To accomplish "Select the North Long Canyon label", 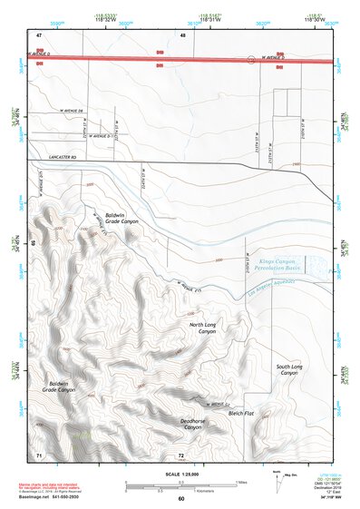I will click(x=202, y=328).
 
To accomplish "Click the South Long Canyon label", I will click(x=289, y=369).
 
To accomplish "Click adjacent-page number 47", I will click(x=39, y=34).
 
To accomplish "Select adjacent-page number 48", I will click(x=183, y=34).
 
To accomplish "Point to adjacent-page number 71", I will click(x=39, y=453).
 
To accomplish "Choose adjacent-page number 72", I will click(x=181, y=453).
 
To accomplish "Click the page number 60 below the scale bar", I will click(x=181, y=498).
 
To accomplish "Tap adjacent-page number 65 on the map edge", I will click(x=34, y=243).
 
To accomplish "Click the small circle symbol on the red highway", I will click(x=251, y=60).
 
